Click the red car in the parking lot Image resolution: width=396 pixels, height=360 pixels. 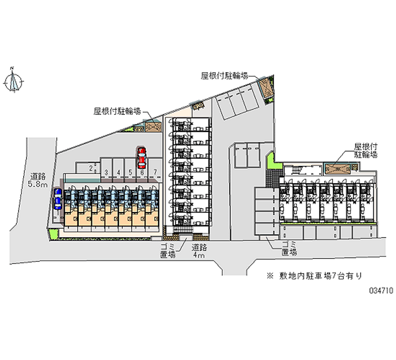tap(142, 157)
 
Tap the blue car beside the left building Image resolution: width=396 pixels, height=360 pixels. tap(58, 198)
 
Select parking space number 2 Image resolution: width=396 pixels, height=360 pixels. tap(91, 168)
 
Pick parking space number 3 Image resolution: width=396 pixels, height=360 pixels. tap(106, 172)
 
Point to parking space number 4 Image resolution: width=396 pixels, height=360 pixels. tap(118, 172)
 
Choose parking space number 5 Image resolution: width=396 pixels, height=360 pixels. tap(130, 172)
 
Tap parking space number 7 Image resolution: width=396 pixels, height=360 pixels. tap(155, 172)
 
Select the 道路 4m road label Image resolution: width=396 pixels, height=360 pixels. tap(199, 251)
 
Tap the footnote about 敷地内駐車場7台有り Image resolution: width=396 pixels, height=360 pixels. tap(317, 275)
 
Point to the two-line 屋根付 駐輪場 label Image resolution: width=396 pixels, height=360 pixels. tap(366, 151)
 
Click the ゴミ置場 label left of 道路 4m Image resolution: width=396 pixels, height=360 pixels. tap(168, 251)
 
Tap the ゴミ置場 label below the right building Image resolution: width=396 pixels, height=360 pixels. tap(289, 249)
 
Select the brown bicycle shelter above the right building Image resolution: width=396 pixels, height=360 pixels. tap(339, 168)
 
